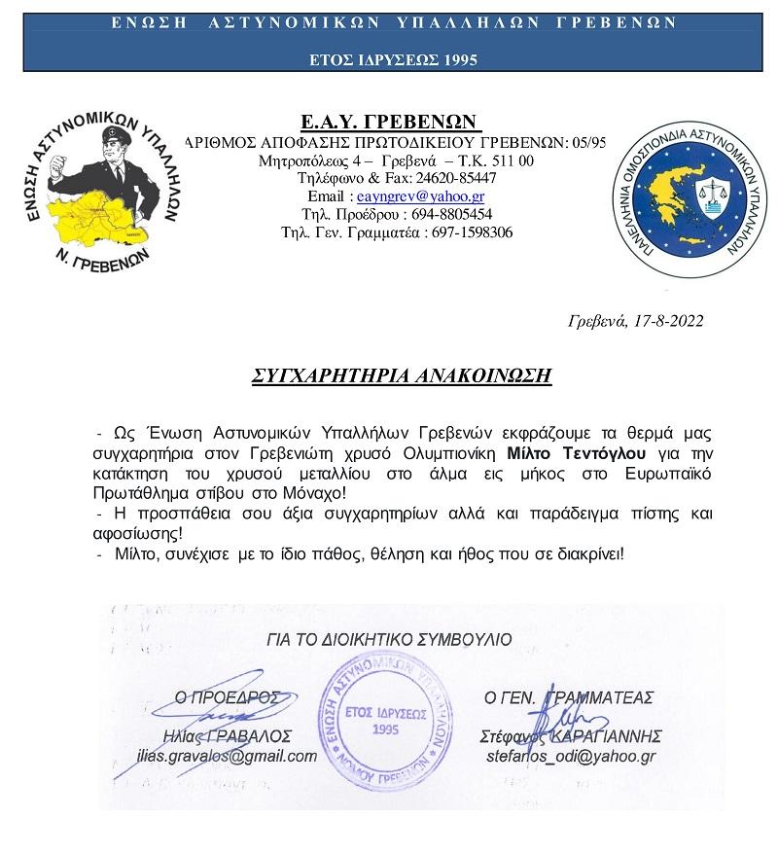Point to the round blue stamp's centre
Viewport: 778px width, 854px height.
(387, 721)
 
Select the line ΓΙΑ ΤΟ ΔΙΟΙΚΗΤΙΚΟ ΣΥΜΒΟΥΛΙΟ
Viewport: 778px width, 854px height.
(387, 641)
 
